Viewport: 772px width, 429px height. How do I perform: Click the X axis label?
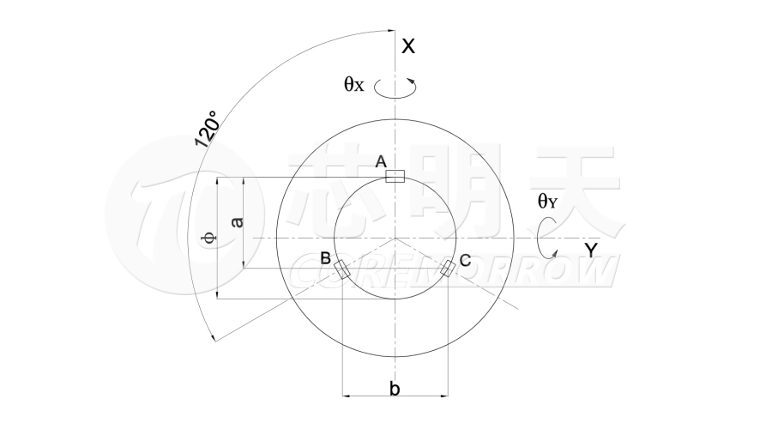tap(408, 46)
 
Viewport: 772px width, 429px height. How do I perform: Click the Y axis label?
tap(591, 251)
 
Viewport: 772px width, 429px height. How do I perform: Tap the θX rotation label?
tap(354, 85)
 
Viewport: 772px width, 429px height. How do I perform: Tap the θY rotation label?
tap(547, 201)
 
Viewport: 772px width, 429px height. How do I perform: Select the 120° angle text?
tap(207, 129)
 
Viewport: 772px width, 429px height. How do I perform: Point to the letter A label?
tap(381, 161)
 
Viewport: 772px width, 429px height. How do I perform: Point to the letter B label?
tap(325, 258)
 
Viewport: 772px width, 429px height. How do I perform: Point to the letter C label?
tap(465, 260)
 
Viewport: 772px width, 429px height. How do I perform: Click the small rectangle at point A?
tap(395, 177)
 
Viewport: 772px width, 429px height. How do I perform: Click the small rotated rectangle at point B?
tap(341, 270)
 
